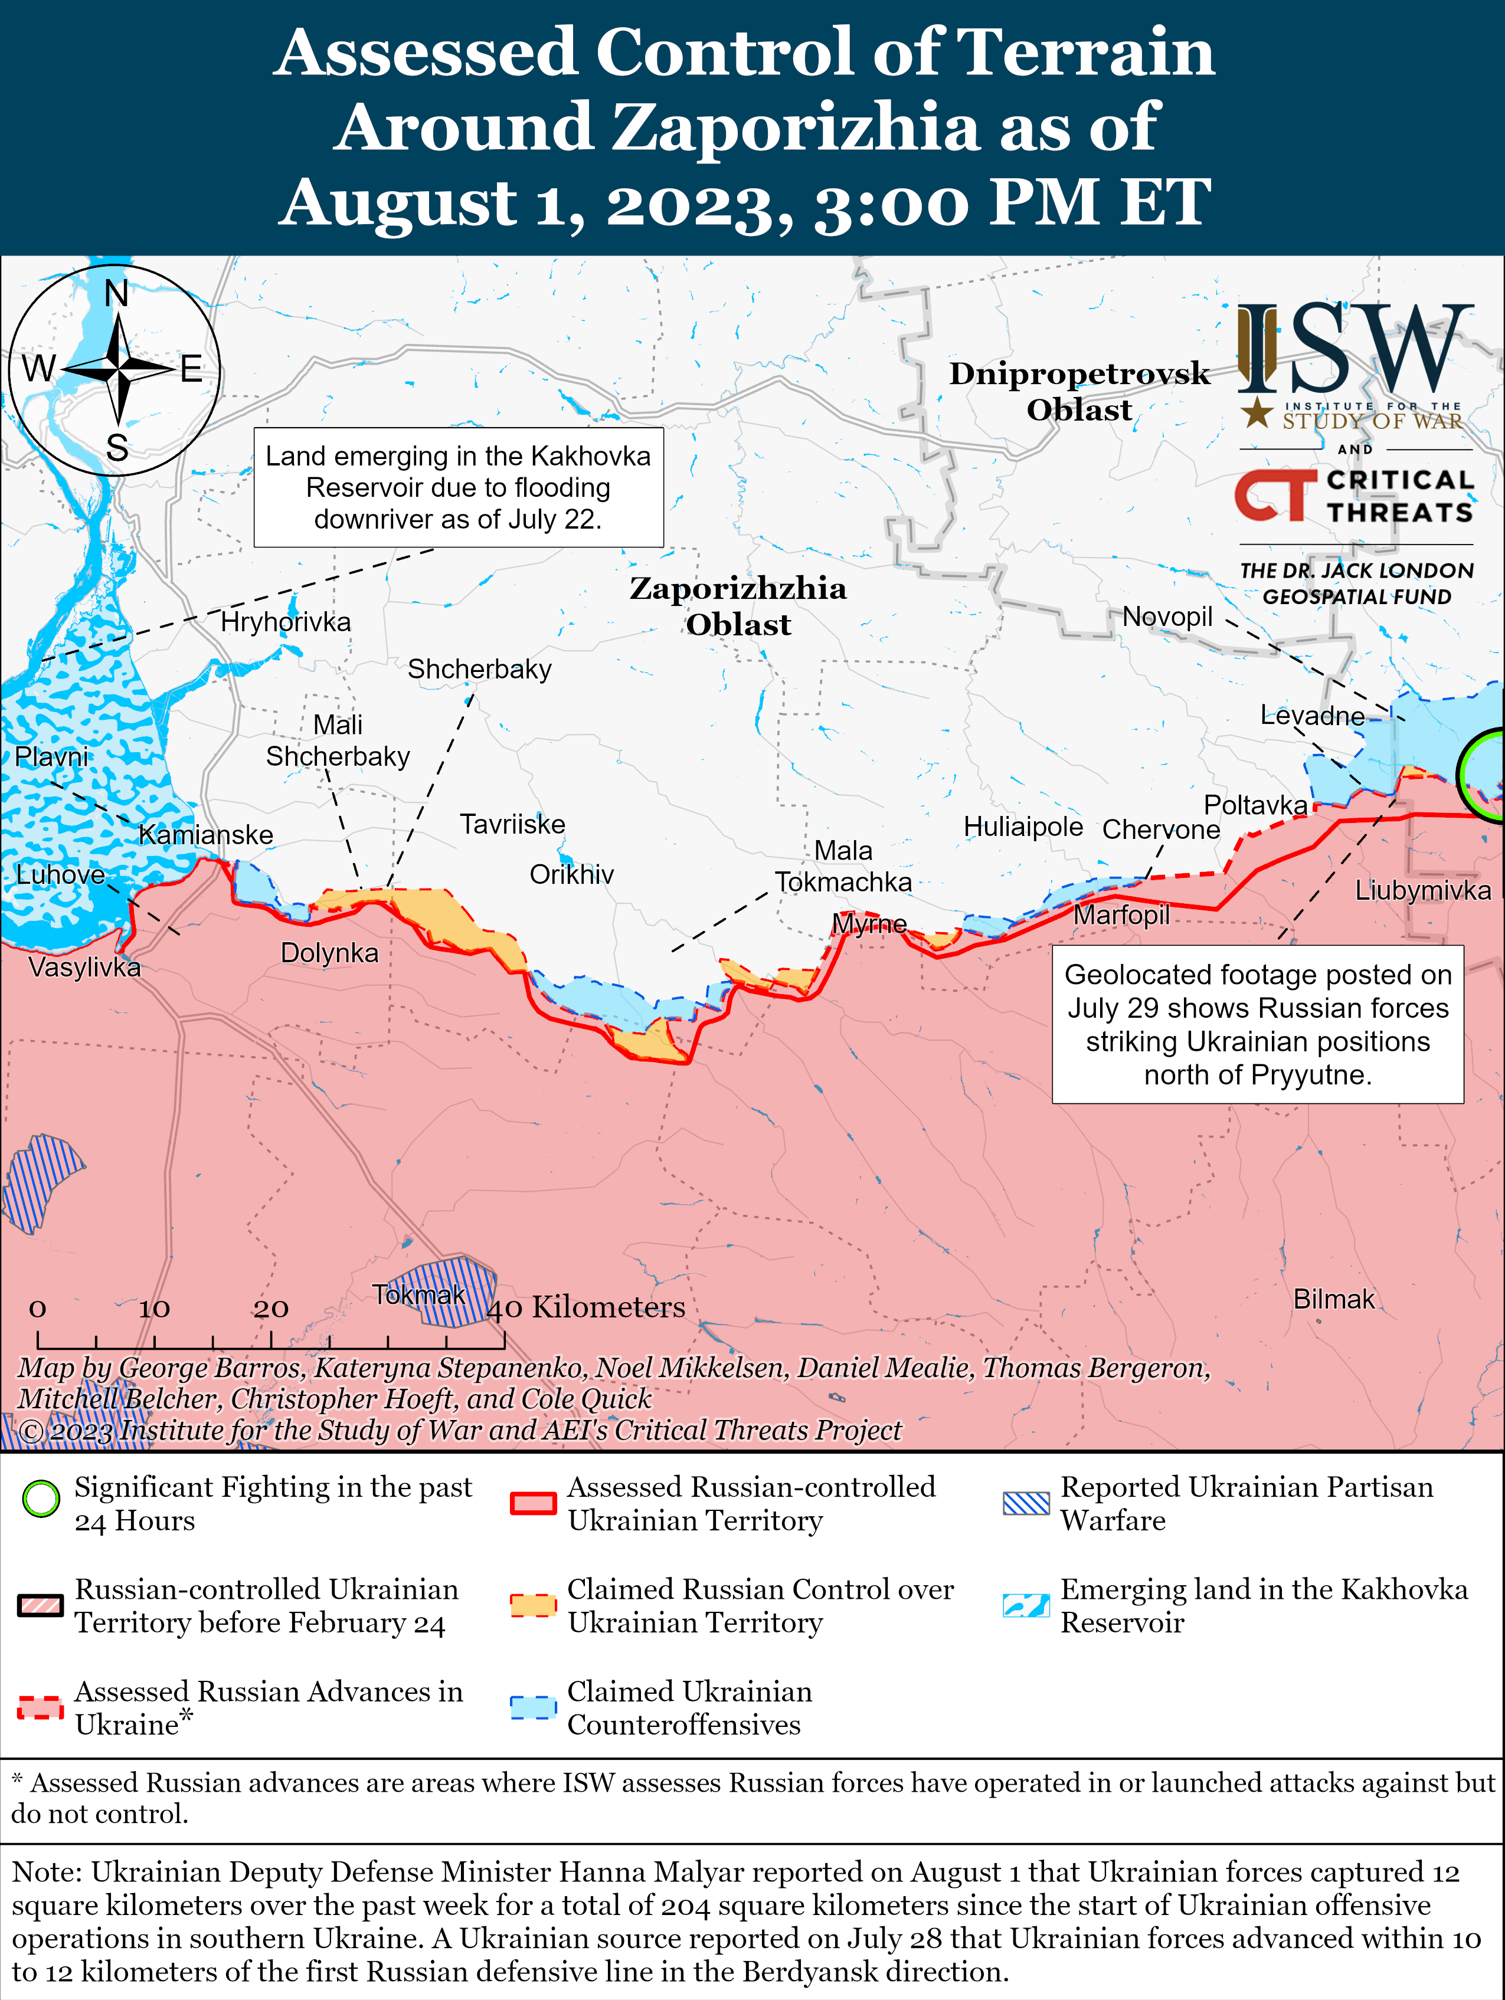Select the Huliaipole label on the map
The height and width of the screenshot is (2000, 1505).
click(1022, 827)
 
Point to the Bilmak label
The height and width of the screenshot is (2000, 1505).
click(1333, 1299)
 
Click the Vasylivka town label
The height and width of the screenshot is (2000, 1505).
click(84, 968)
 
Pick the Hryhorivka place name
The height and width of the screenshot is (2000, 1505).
click(285, 622)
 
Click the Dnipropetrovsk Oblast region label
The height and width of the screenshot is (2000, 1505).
click(1078, 391)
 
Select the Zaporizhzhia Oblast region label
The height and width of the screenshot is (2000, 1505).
click(738, 606)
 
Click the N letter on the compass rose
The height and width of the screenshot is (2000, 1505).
click(117, 294)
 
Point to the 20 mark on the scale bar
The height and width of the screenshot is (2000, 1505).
click(270, 1309)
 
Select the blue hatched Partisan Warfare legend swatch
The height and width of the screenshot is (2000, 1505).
click(1026, 1503)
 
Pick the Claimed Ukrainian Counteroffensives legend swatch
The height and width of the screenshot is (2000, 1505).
click(533, 1707)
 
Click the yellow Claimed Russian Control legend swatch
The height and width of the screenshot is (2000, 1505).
click(533, 1605)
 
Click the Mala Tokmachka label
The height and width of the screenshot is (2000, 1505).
click(843, 866)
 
